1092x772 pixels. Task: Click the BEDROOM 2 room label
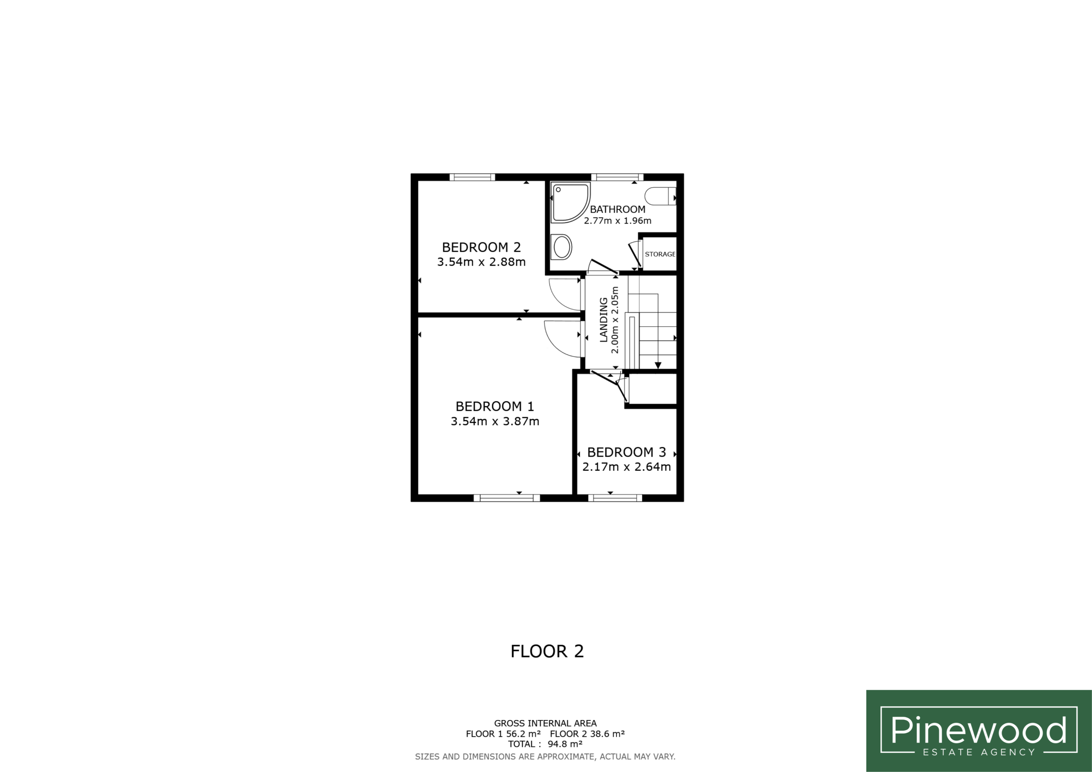pos(481,247)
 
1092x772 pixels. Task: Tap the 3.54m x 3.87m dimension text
pos(495,421)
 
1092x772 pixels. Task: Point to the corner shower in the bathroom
pos(570,203)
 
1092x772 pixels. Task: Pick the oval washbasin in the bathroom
pos(561,247)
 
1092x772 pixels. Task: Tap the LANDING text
pos(604,319)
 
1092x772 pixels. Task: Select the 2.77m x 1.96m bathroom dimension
pos(617,221)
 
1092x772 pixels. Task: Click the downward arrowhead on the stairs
pos(658,365)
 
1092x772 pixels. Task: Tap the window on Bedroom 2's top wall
pos(472,177)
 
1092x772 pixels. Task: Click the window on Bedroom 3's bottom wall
pos(615,498)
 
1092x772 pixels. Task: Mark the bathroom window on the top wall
pos(617,177)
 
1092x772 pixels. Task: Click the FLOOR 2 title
pos(547,651)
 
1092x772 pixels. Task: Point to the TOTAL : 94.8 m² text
pos(545,744)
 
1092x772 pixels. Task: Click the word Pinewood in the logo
pos(979,730)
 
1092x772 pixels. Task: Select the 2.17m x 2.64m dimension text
pos(626,467)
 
